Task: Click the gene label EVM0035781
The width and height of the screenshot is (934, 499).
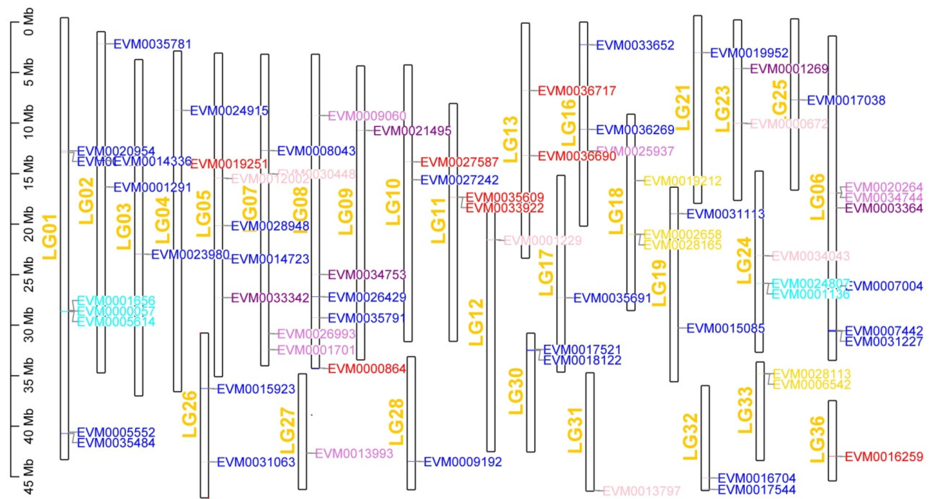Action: click(x=152, y=44)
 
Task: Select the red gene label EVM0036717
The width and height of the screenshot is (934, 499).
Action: click(x=577, y=90)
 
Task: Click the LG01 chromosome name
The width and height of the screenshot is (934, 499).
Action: click(x=50, y=237)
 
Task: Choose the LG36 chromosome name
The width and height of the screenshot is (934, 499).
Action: click(x=818, y=440)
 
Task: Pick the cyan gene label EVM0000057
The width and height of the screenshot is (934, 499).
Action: click(x=116, y=311)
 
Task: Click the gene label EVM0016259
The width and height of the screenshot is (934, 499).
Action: click(x=884, y=457)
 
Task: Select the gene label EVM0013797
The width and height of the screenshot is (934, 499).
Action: click(x=641, y=491)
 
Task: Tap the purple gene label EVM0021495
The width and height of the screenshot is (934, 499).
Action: click(x=412, y=131)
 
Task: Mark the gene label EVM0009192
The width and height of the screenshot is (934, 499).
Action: click(x=463, y=462)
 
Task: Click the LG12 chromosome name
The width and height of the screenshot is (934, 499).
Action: click(x=476, y=322)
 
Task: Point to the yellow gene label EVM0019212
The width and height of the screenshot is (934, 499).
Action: click(x=682, y=181)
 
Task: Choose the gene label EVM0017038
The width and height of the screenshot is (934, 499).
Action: click(x=846, y=100)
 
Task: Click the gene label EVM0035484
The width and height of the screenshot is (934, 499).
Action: click(x=116, y=442)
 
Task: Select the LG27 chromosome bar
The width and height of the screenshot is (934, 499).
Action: click(x=302, y=431)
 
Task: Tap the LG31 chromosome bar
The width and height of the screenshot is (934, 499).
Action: click(x=590, y=431)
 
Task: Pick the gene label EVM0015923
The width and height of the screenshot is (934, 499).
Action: click(x=256, y=389)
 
